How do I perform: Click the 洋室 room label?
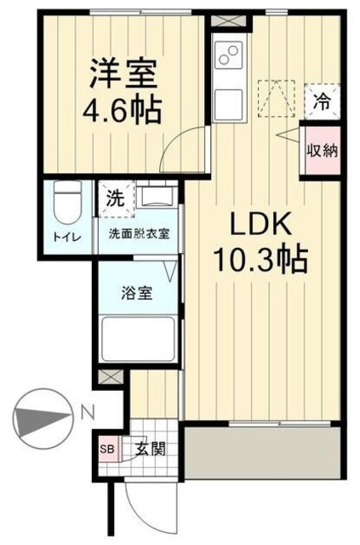pyautogui.click(x=123, y=73)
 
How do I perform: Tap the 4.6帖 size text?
pyautogui.click(x=123, y=110)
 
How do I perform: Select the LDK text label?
pyautogui.click(x=260, y=225)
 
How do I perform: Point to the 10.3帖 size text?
pyautogui.click(x=261, y=260)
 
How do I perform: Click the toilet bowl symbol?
pyautogui.click(x=67, y=203)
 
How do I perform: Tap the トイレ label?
pyautogui.click(x=67, y=238)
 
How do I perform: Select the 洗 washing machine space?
pyautogui.click(x=117, y=198)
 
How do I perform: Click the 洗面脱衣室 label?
pyautogui.click(x=139, y=234)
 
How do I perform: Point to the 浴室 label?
pyautogui.click(x=136, y=293)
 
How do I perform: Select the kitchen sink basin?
pyautogui.click(x=228, y=104)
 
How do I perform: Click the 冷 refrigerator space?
pyautogui.click(x=322, y=101)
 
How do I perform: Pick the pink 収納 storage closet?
pyautogui.click(x=322, y=151)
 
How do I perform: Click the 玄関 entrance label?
pyautogui.click(x=150, y=450)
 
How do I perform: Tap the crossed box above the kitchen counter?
pyautogui.click(x=229, y=20)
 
